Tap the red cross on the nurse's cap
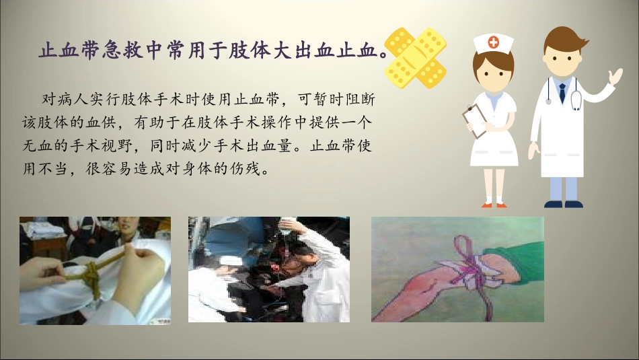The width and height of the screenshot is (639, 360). point(494,42)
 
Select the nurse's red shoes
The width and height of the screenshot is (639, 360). point(494,204)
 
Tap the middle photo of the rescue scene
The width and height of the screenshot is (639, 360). point(268,269)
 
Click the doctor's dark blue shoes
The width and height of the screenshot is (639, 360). point(564,203)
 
